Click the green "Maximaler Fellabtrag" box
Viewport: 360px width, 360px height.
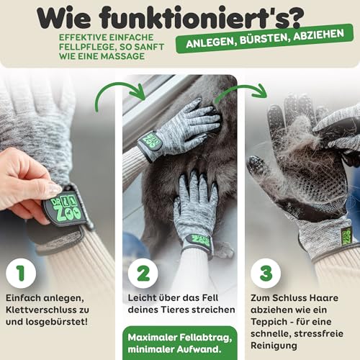click(180, 341)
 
